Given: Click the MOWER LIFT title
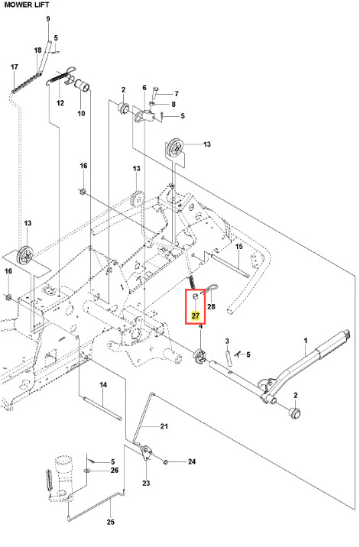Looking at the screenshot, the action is (27, 5).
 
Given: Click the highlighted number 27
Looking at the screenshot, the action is (195, 316).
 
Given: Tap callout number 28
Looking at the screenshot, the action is (211, 306).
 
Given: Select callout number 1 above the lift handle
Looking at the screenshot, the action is (306, 340).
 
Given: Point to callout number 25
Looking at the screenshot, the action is (110, 523).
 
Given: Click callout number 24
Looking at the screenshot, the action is (192, 462).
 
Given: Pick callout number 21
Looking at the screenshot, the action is (164, 426).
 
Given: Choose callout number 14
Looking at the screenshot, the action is (103, 385).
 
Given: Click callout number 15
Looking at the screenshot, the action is (238, 247).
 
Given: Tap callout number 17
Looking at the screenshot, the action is (15, 66).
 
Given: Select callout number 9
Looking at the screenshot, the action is (48, 19).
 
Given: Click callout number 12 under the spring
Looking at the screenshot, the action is (60, 103).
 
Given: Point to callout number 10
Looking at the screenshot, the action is (81, 113).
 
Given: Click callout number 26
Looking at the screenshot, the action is (115, 471).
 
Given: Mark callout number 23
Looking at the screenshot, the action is (146, 483).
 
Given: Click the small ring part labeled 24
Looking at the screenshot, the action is (166, 462).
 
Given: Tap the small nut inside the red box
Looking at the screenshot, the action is (196, 296).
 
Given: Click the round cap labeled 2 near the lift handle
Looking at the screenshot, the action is (295, 413).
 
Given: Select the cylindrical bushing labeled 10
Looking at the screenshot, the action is (83, 86).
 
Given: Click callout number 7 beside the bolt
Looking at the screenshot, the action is (177, 93).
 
